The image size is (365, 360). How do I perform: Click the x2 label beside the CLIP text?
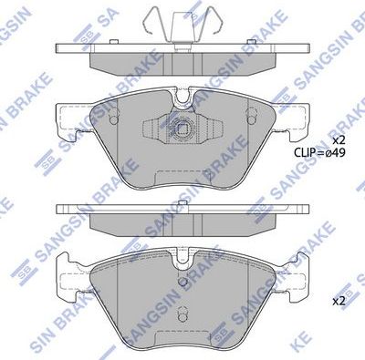(x=338, y=139)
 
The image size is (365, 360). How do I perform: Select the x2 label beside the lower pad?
(x=338, y=300)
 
